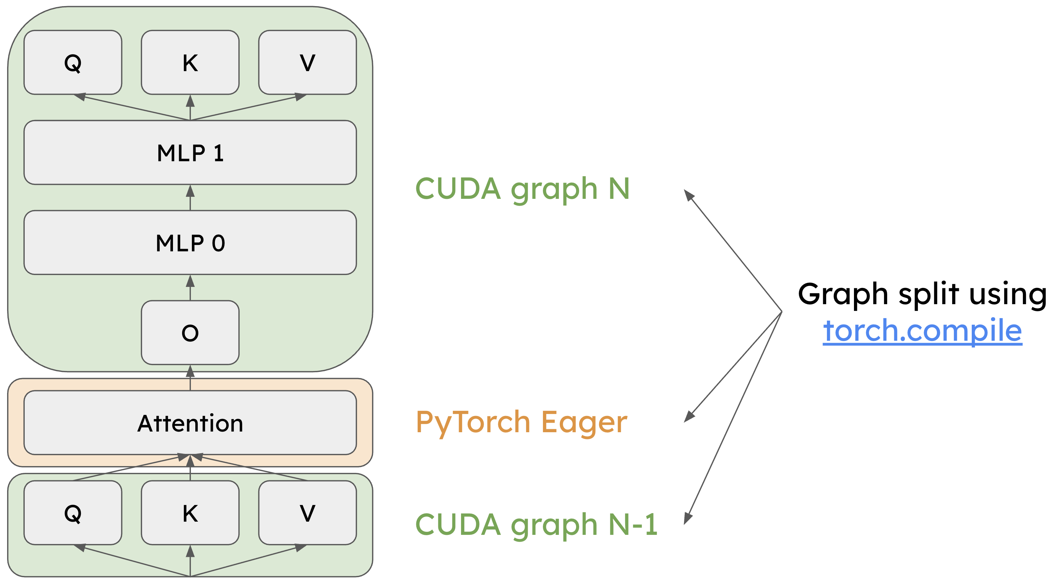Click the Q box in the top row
[x=73, y=62]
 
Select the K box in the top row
[x=190, y=62]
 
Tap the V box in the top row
[x=307, y=62]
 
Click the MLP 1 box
[x=190, y=152]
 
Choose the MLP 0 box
[x=190, y=243]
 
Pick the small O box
[x=190, y=333]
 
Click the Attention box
[x=190, y=423]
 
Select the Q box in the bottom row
[x=73, y=513]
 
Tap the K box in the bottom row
[x=190, y=513]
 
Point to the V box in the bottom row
[x=307, y=513]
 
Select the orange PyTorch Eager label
[x=521, y=423]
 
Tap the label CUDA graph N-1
[x=536, y=525]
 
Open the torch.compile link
[x=922, y=331]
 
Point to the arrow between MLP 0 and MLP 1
[x=190, y=197]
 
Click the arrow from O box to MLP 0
[x=190, y=288]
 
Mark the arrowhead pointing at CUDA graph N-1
[x=688, y=519]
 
